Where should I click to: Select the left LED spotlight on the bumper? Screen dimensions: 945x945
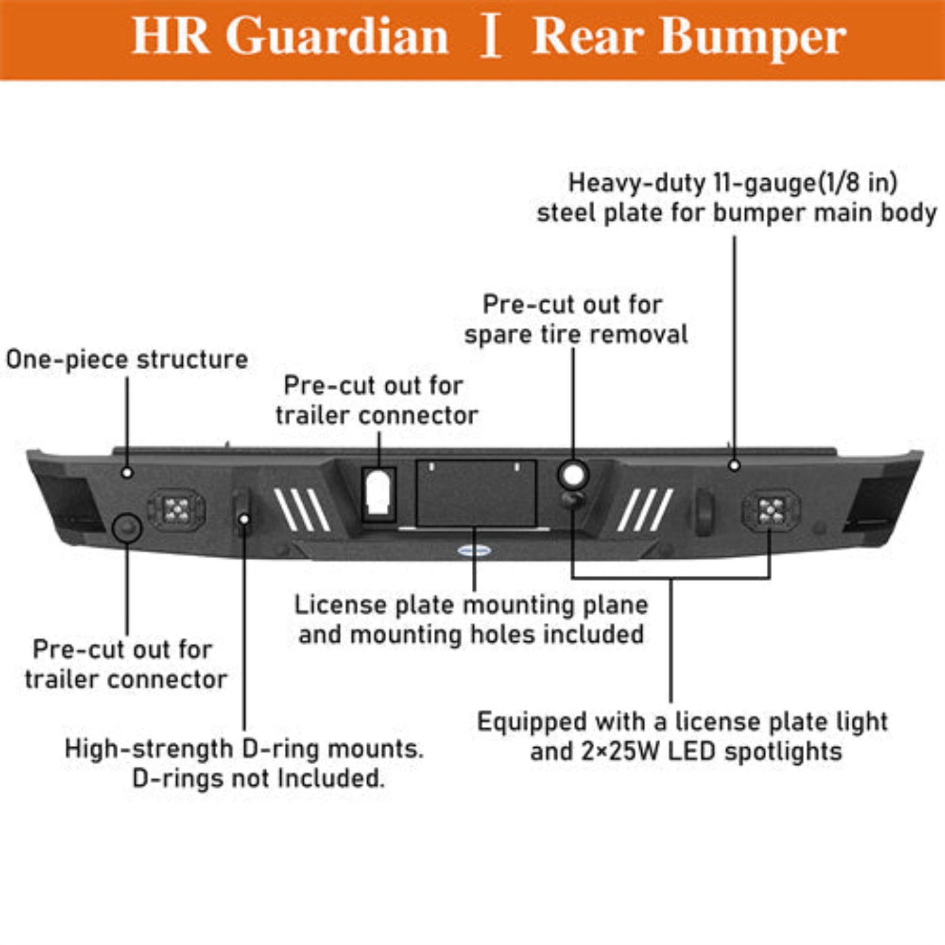tap(177, 509)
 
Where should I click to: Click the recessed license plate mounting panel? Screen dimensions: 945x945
tap(476, 493)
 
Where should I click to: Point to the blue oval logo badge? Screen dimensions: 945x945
tap(474, 550)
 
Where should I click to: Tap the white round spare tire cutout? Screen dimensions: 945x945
tap(573, 475)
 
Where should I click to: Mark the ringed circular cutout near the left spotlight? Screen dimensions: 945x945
tap(126, 527)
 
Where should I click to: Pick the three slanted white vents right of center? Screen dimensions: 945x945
tap(645, 510)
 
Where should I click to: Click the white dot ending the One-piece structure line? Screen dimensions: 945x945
tap(127, 473)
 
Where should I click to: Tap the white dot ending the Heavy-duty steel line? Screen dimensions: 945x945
tap(734, 465)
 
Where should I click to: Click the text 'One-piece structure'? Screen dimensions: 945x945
tap(127, 359)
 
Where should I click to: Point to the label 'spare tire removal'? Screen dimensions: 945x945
tap(576, 335)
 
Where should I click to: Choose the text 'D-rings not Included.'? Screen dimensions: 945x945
tap(258, 778)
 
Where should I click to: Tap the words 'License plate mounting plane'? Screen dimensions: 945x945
tap(471, 605)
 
